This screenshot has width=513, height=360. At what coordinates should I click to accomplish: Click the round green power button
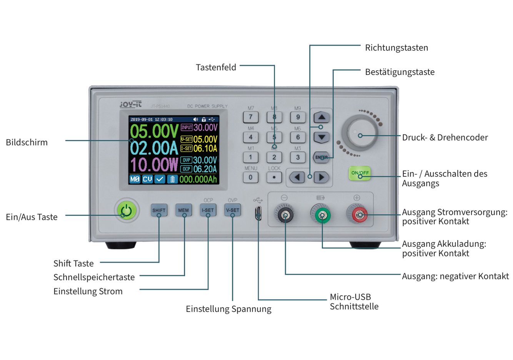[127, 211]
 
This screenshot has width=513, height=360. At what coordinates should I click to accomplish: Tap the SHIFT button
[159, 210]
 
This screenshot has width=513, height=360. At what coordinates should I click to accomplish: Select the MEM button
[183, 210]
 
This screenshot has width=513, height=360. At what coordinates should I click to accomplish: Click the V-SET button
[232, 210]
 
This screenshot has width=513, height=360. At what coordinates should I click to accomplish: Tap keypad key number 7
[251, 117]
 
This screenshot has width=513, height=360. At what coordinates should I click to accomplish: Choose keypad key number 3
[298, 157]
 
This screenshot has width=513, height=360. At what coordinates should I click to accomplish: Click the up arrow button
[322, 117]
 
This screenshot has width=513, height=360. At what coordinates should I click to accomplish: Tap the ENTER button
[321, 157]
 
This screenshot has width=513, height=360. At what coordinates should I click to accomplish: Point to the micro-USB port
[258, 213]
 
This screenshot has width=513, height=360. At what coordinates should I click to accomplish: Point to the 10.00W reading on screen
[154, 165]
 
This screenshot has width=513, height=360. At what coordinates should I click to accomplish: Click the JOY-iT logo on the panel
[130, 104]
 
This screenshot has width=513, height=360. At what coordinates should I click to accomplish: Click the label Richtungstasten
[396, 48]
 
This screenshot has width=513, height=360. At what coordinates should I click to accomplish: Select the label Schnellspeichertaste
[94, 277]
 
